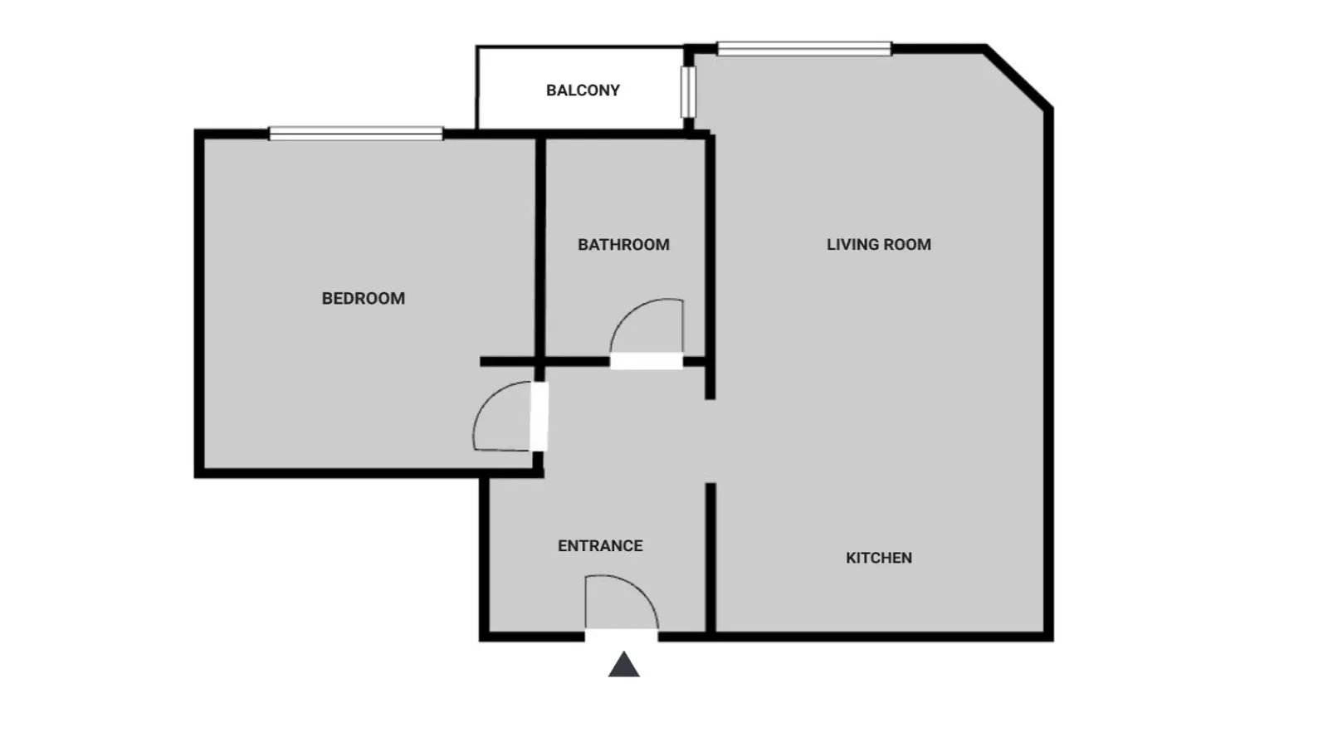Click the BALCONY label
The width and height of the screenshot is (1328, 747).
(x=583, y=90)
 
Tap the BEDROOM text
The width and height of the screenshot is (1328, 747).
(x=364, y=298)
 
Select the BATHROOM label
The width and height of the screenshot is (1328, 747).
(x=623, y=244)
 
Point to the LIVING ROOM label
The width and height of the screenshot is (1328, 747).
(x=879, y=244)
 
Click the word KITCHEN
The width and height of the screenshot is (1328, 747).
(x=879, y=558)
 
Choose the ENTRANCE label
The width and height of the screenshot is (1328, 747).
(x=600, y=545)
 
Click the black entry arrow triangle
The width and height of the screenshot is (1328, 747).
(x=623, y=665)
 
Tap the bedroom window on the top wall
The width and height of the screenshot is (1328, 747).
(x=356, y=134)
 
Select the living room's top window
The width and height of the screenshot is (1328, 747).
(x=804, y=49)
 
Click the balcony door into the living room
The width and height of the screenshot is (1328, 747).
(x=688, y=92)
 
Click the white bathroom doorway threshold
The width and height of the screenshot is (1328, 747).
(x=647, y=361)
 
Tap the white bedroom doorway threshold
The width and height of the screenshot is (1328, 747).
(x=539, y=416)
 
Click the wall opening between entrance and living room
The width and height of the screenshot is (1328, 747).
(x=710, y=441)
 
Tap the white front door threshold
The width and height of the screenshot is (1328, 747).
(x=622, y=636)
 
